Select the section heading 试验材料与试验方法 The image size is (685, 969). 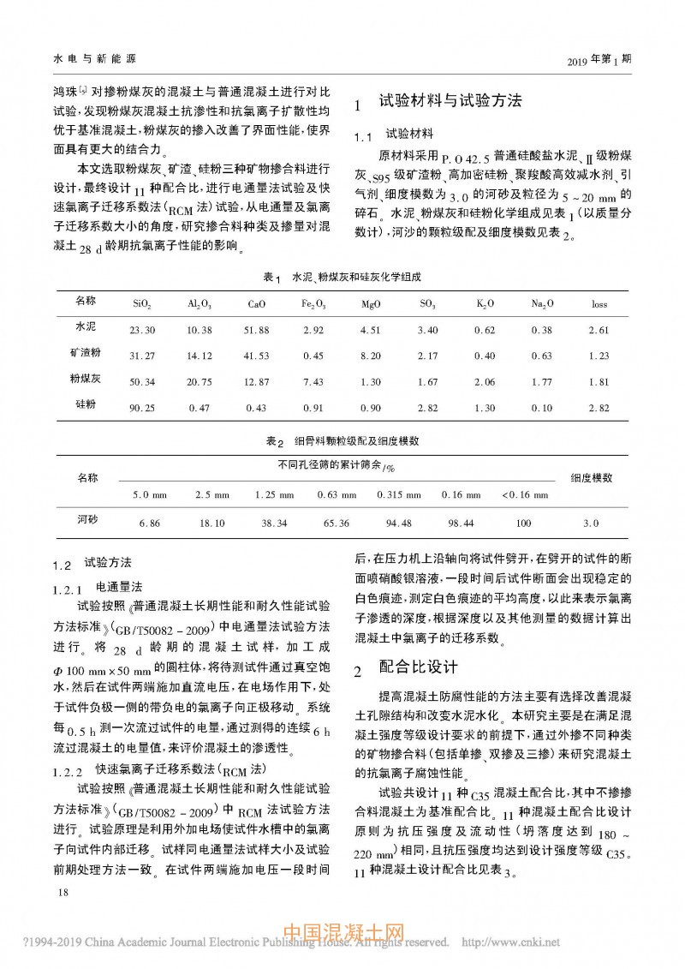tap(450, 101)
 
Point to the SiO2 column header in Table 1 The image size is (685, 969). tap(142, 304)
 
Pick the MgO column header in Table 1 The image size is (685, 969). tap(371, 304)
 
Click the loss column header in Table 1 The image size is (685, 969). tap(599, 304)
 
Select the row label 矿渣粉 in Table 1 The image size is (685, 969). tap(86, 354)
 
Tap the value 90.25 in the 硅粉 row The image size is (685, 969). tap(142, 407)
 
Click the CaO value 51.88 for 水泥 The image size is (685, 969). tap(256, 330)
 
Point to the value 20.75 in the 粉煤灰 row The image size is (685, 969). tap(199, 381)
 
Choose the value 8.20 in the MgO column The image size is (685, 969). tap(371, 356)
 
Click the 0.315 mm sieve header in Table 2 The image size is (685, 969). tap(396, 495)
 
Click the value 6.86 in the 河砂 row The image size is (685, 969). tap(149, 523)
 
